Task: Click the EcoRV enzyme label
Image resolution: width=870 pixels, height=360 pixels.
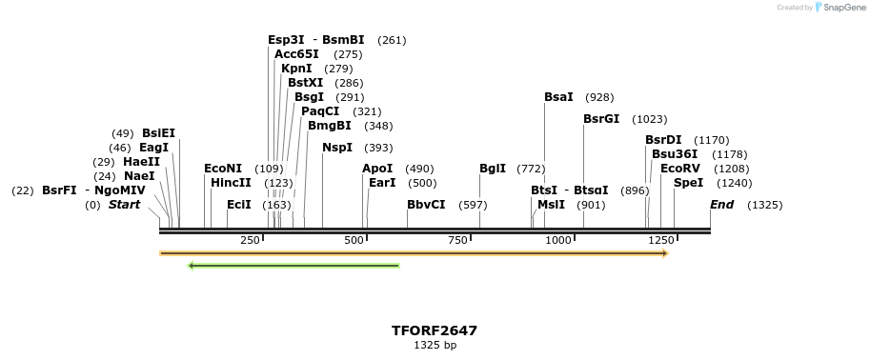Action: pos(679,169)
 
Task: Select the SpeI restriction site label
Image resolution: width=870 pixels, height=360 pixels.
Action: pos(688,183)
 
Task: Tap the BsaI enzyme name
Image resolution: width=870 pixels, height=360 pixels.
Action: pos(558,97)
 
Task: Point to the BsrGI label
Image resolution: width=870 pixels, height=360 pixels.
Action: pos(601,119)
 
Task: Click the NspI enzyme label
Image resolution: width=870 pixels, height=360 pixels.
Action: pos(337,148)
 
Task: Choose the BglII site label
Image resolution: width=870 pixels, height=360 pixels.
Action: pos(493,169)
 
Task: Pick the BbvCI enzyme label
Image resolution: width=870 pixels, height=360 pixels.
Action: pos(426,205)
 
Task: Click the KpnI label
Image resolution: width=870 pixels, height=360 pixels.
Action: pos(296,69)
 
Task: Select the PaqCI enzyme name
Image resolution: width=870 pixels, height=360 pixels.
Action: pos(320,111)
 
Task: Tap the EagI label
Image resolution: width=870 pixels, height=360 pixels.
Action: pos(153,148)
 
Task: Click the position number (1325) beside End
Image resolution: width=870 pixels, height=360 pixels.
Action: pos(764,205)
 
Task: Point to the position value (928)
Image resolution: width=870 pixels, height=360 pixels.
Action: pos(599,97)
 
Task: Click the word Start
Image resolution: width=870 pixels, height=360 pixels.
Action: pos(124,205)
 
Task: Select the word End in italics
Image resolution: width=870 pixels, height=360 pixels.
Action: pos(721,205)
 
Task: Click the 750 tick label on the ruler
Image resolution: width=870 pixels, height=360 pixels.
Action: pos(456,240)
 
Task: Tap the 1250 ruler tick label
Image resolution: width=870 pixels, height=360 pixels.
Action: pos(660,240)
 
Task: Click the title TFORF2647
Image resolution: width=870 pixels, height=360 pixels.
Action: pos(435,330)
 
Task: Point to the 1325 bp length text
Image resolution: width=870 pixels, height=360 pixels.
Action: pos(435,345)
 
